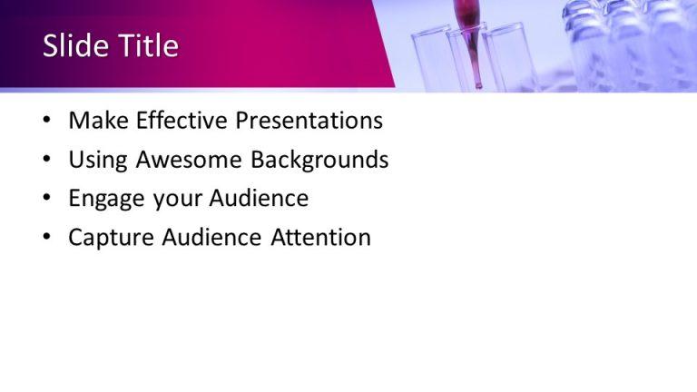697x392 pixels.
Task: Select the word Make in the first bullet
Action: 96,121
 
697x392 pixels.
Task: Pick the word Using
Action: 98,161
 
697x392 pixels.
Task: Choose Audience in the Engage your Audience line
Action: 259,199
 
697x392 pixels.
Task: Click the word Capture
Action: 112,239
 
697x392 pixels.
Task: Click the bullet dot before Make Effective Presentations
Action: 46,122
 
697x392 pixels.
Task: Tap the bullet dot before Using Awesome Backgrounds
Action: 46,162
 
